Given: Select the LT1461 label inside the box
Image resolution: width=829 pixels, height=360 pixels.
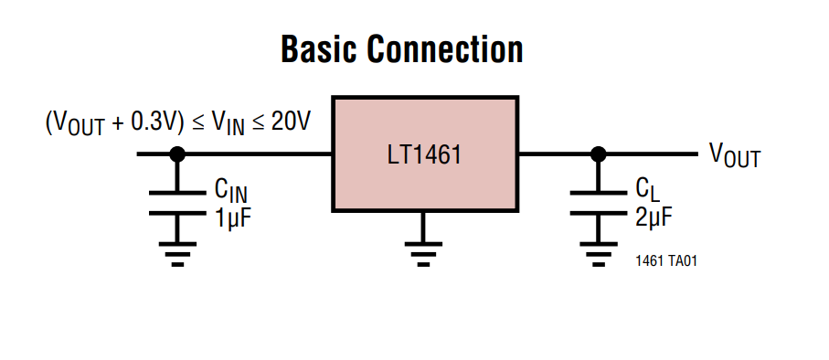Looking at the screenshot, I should coord(424,154).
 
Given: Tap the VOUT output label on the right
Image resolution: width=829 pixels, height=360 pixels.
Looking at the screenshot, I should coord(734,155).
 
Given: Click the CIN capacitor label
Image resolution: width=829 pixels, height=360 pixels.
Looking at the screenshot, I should coord(230,190).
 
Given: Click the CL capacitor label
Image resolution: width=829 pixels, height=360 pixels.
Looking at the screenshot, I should coord(646,189).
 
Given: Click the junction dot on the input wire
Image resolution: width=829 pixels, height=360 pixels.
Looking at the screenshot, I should coord(177,154).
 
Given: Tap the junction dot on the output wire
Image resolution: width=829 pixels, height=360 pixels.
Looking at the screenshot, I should coord(598,154).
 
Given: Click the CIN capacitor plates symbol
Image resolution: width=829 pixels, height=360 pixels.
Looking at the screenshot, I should coord(177,202).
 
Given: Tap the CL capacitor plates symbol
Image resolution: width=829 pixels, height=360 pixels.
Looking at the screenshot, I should coord(598,202).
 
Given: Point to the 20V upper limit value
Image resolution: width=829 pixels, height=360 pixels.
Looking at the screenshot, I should coord(291,122).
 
